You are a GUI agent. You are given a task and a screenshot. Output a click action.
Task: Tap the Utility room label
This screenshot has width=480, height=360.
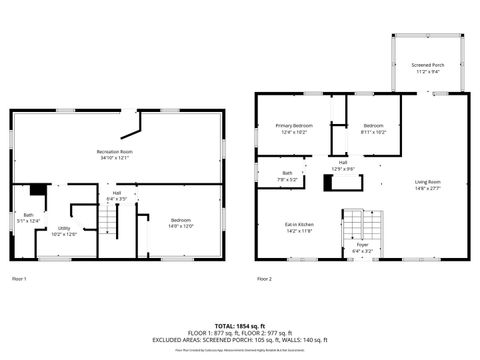[63, 231]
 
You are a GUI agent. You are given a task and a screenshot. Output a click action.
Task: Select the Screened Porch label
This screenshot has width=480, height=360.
[428, 67]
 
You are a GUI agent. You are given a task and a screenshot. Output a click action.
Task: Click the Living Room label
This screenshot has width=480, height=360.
[428, 184]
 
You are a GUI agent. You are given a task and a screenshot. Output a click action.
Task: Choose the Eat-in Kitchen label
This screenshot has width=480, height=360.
[299, 227]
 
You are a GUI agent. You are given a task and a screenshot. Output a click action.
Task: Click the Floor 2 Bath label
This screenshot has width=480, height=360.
[287, 176]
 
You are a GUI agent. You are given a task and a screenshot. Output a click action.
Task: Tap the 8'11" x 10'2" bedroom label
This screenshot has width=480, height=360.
[373, 128]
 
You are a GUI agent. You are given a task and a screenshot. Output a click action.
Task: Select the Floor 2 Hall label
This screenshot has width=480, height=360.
[343, 165]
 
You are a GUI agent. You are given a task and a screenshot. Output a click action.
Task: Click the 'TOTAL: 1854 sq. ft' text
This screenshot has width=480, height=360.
[240, 326]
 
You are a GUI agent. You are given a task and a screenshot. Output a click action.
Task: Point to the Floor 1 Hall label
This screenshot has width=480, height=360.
[117, 195]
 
